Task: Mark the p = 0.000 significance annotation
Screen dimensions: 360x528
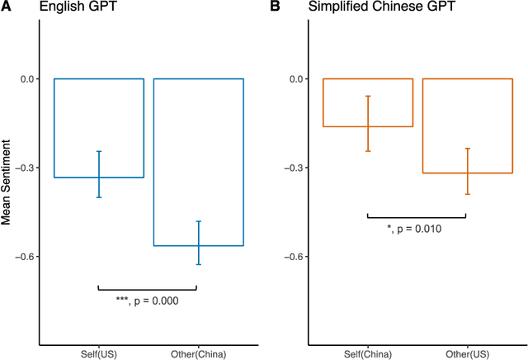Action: (x=148, y=301)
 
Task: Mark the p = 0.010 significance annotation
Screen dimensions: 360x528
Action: (x=417, y=229)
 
